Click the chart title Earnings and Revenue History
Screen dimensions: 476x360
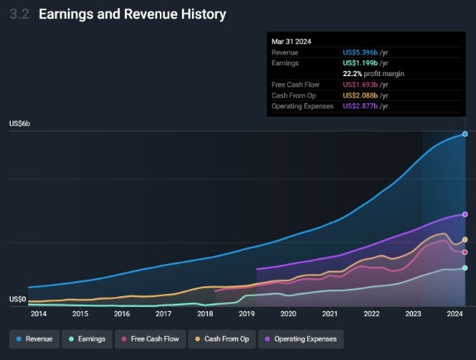[132, 15]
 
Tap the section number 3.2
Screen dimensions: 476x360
[20, 14]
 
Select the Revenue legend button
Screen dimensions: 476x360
[34, 339]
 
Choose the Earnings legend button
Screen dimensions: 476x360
[87, 339]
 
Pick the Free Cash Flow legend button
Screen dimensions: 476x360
[151, 339]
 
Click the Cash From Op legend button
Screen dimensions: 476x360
[222, 339]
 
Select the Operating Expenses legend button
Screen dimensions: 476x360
[301, 339]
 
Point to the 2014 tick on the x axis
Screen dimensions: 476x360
[39, 314]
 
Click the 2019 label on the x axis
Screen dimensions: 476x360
[247, 314]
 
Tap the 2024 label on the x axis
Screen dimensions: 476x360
[454, 314]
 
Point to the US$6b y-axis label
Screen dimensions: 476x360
[20, 124]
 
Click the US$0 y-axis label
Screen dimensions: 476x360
[17, 300]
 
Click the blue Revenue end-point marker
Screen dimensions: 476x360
[465, 134]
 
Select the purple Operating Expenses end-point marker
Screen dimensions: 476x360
[465, 214]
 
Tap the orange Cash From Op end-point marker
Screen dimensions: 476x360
[465, 239]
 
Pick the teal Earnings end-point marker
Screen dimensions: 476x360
[465, 267]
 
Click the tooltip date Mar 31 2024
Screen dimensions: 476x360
[291, 41]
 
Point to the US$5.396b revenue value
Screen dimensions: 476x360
[360, 52]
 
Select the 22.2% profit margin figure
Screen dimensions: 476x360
[353, 74]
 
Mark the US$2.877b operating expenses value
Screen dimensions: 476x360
[360, 106]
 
